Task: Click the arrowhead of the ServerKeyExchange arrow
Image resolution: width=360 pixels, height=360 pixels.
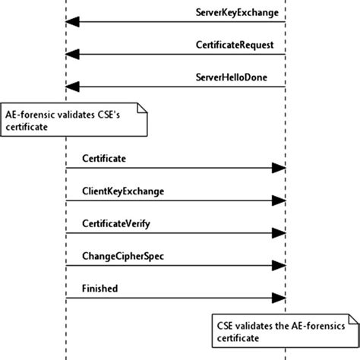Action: tap(72, 22)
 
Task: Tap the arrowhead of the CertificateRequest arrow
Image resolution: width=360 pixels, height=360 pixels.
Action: tap(72, 55)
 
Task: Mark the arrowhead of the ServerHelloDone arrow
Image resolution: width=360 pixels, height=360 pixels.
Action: tap(72, 87)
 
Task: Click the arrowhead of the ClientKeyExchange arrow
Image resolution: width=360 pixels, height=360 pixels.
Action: tap(279, 201)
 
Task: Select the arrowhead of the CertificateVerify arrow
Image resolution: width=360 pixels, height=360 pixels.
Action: tap(279, 234)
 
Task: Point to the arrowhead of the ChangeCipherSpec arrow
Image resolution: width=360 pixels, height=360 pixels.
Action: tap(279, 267)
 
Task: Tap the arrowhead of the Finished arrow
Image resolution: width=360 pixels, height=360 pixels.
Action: tap(279, 299)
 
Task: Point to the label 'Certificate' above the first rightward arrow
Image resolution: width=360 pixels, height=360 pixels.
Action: tap(103, 158)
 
